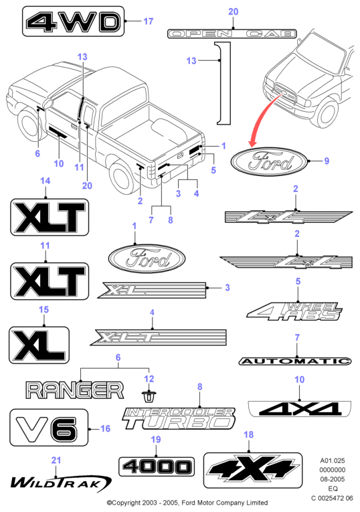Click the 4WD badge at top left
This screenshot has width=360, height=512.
point(73,21)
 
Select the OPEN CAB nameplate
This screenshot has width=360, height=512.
point(232,33)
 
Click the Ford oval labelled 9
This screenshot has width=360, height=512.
point(268,162)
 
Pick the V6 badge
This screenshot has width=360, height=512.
point(49,428)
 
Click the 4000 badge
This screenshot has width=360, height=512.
point(157,466)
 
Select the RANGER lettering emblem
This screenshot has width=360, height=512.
point(75,390)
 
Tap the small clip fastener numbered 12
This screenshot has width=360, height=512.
point(149,396)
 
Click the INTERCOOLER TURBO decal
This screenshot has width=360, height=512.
point(179,418)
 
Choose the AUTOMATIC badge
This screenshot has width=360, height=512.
point(295,361)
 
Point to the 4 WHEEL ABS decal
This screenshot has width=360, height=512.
point(294,311)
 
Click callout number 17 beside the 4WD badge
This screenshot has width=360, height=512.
point(148,21)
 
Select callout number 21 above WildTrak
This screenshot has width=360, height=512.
point(56,460)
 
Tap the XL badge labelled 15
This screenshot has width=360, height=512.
point(39,345)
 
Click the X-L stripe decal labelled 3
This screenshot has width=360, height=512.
point(152,290)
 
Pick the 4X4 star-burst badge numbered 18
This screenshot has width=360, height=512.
point(253,471)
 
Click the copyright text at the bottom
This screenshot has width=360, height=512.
point(187,503)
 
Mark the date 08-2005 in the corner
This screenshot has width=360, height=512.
point(333,479)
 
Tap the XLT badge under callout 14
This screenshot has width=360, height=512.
point(50,217)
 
